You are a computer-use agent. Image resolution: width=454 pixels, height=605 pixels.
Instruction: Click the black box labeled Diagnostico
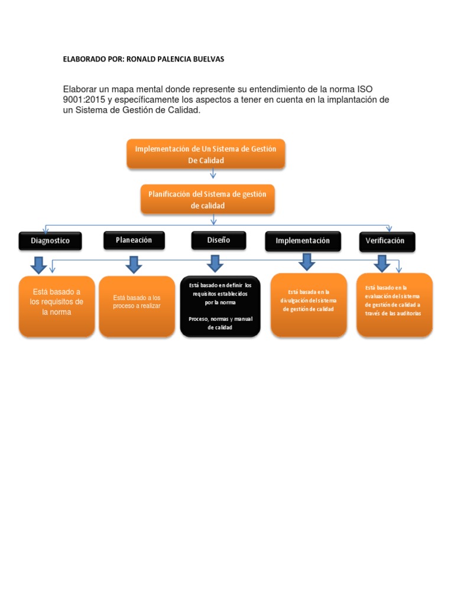coord(50,241)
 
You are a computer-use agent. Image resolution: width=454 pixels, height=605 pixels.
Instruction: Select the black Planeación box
coord(134,240)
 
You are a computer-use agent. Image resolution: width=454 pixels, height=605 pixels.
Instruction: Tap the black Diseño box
coord(218,240)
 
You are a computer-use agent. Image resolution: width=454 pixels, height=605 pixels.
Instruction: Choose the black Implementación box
coord(303,241)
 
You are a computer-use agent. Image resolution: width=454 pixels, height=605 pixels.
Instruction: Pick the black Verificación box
coord(387,241)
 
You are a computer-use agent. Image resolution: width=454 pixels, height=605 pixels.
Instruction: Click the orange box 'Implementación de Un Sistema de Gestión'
coord(206,154)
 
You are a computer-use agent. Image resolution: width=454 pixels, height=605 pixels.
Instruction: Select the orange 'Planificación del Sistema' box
coord(207,199)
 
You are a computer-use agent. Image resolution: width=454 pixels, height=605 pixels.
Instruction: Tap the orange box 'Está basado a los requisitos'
coord(57,306)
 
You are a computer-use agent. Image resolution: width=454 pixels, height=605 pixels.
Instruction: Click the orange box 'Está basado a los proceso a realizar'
coord(137,306)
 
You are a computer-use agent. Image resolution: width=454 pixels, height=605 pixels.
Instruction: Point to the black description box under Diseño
coord(220,306)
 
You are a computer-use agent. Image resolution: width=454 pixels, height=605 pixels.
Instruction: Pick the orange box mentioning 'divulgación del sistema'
coord(308,305)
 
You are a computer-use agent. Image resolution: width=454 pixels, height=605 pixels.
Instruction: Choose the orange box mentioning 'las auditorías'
coord(394,305)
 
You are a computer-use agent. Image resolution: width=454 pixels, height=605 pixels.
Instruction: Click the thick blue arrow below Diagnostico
coord(39,265)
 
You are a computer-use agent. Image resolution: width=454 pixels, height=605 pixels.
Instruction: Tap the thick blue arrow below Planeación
coord(134,265)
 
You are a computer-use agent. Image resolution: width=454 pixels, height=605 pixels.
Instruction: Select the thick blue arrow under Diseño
coord(215,264)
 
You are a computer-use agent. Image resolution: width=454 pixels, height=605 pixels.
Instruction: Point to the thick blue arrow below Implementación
coord(306,262)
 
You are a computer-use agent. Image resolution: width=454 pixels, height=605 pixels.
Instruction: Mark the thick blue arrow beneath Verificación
coord(381,264)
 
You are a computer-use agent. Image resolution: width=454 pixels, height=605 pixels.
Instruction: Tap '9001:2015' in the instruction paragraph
coord(83,100)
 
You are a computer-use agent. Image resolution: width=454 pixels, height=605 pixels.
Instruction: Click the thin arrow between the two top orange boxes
coord(213,174)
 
